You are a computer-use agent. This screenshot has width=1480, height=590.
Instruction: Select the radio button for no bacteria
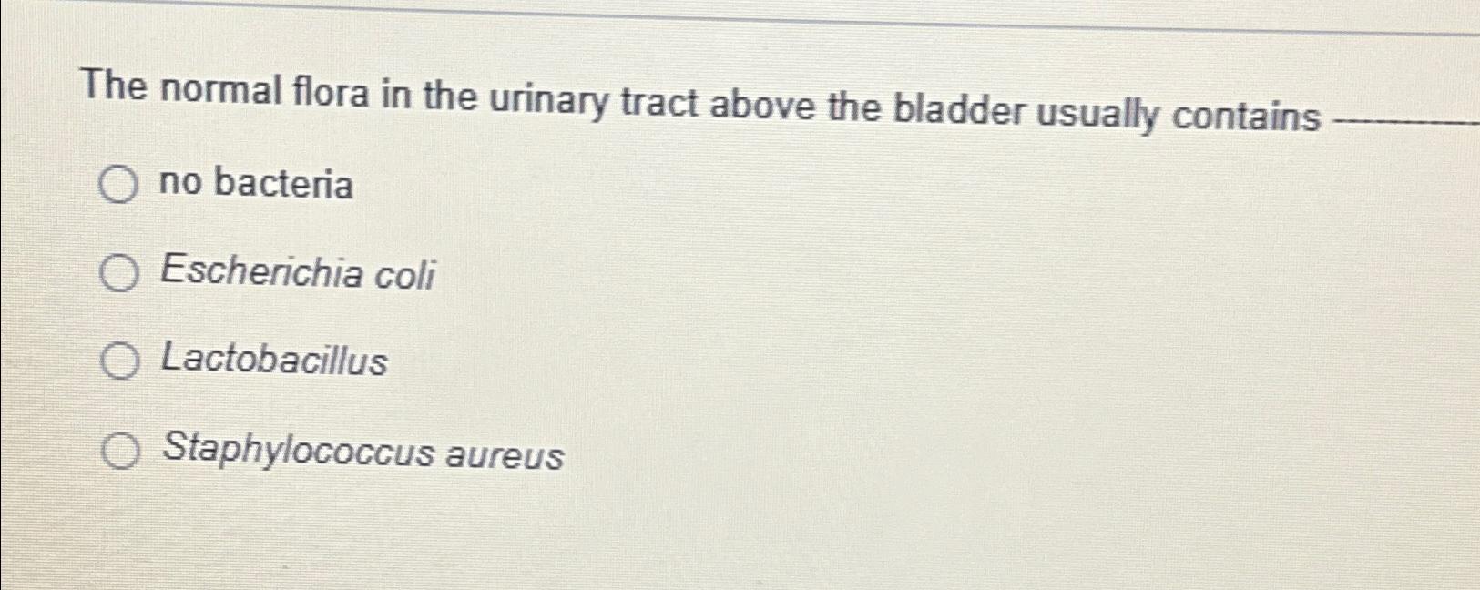pyautogui.click(x=118, y=186)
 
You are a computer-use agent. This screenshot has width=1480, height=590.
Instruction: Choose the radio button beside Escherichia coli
pyautogui.click(x=118, y=273)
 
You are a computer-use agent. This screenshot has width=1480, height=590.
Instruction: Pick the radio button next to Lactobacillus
pyautogui.click(x=119, y=361)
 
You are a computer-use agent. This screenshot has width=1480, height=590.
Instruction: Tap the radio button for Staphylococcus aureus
pyautogui.click(x=120, y=451)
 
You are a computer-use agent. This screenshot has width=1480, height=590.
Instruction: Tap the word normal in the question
pyautogui.click(x=222, y=90)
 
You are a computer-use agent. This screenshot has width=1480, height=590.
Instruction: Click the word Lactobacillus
pyautogui.click(x=274, y=361)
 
